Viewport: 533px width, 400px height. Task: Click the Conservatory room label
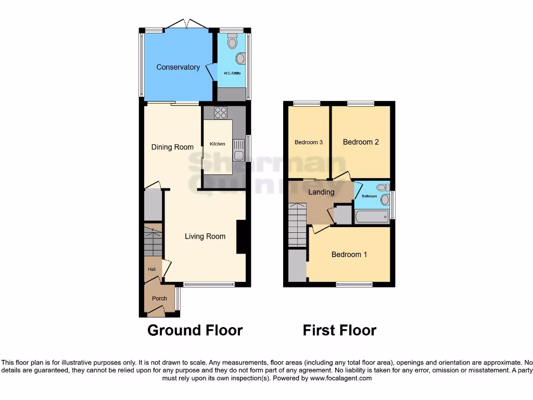click(178, 67)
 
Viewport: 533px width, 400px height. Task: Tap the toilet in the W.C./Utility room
click(232, 41)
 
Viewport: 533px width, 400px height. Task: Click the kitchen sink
click(238, 149)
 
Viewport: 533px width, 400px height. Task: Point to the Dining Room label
click(172, 147)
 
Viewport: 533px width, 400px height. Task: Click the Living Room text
click(205, 236)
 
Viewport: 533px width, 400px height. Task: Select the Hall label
click(151, 269)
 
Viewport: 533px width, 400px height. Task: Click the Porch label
click(159, 298)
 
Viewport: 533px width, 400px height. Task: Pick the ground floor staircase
click(153, 241)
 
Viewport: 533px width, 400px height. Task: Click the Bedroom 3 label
click(309, 142)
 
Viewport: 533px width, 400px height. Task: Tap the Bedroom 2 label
click(361, 142)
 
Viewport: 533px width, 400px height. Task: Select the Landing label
click(321, 192)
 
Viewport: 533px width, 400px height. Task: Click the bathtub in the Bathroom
click(372, 217)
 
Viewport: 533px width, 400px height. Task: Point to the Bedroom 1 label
click(349, 255)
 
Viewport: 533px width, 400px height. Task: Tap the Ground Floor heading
click(195, 330)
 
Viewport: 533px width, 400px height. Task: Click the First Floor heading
click(339, 330)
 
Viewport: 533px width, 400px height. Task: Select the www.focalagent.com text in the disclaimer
click(340, 378)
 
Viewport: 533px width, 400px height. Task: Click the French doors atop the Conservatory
click(187, 24)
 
